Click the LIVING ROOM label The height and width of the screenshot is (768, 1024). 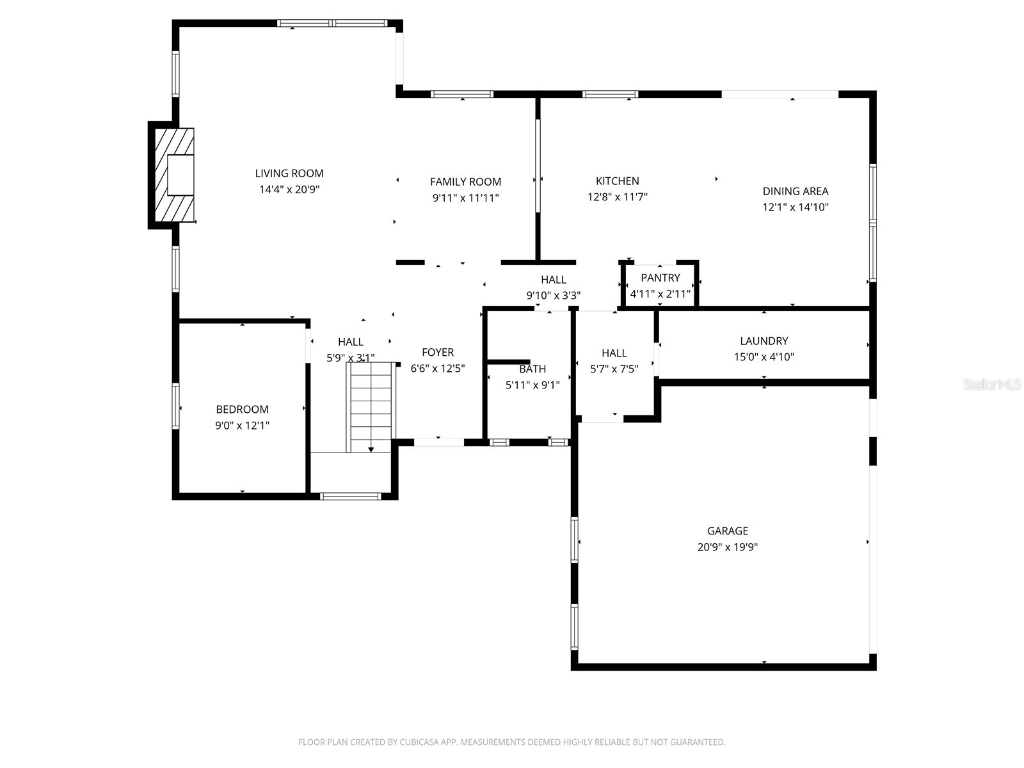pyautogui.click(x=289, y=173)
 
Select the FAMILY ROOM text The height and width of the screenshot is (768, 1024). pyautogui.click(x=465, y=182)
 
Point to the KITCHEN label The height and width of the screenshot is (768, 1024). pyautogui.click(x=617, y=181)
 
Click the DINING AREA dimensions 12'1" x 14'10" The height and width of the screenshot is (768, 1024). pyautogui.click(x=796, y=207)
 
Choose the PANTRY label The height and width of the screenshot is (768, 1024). pyautogui.click(x=660, y=278)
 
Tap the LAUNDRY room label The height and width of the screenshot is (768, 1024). pyautogui.click(x=764, y=341)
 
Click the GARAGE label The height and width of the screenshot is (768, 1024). pyautogui.click(x=727, y=531)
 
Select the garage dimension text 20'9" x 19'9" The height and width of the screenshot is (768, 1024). pyautogui.click(x=727, y=547)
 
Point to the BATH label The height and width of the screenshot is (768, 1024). pyautogui.click(x=532, y=369)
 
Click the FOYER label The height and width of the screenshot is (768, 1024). pyautogui.click(x=438, y=352)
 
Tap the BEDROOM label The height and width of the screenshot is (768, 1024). pyautogui.click(x=242, y=410)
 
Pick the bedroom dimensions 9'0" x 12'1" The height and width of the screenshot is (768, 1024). pyautogui.click(x=242, y=425)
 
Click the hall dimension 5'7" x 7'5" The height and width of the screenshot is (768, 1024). pyautogui.click(x=614, y=369)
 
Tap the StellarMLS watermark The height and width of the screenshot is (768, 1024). pyautogui.click(x=992, y=385)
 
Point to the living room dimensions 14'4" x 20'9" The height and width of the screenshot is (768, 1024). pyautogui.click(x=289, y=189)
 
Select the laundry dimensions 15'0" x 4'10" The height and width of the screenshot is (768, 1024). pyautogui.click(x=764, y=357)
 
